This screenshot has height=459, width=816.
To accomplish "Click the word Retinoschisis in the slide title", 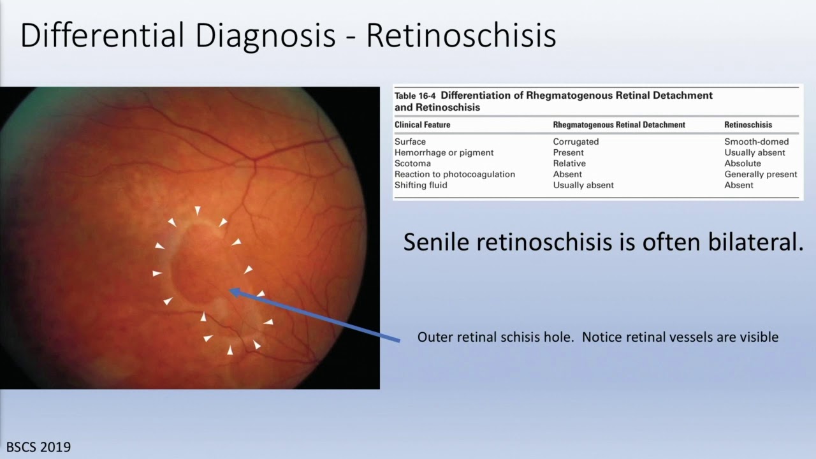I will tap(461, 36).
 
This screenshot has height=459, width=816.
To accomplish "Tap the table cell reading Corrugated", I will tap(576, 142).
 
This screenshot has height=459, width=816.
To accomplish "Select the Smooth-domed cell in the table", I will tap(756, 142).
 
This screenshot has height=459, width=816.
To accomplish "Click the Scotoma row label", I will tap(412, 163).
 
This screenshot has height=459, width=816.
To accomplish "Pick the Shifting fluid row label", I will tap(421, 185).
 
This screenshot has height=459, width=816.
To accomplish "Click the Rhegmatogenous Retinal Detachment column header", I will tap(618, 125).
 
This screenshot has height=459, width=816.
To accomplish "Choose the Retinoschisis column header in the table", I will tap(748, 125).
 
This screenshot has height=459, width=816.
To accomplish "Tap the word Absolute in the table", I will tap(743, 163).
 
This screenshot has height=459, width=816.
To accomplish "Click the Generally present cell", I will tap(761, 174).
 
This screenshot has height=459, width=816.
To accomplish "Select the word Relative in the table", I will tap(569, 163).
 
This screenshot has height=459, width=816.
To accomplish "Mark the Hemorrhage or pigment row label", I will tap(444, 152).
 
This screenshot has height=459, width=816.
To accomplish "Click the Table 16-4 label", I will tap(415, 96).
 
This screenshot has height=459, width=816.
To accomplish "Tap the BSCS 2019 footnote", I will tap(39, 447).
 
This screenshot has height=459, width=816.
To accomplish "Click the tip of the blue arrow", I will tap(230, 291).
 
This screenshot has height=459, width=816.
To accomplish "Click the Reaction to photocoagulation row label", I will tap(455, 174).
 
